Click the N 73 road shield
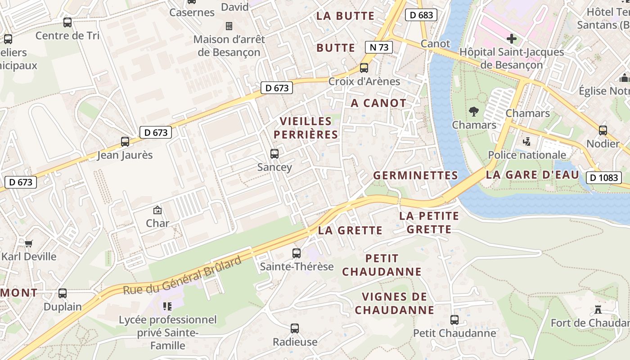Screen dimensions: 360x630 378,47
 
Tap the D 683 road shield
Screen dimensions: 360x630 421,15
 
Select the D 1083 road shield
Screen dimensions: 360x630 603,177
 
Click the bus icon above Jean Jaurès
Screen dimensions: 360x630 125,142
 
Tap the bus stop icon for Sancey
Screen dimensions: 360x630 274,154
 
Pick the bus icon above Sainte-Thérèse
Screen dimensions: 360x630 296,253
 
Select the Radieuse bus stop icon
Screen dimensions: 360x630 295,328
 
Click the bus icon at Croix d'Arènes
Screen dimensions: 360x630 364,68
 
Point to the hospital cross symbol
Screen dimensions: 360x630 512,38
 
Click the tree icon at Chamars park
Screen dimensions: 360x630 473,111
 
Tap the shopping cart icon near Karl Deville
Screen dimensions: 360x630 29,243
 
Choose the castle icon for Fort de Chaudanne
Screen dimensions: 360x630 598,309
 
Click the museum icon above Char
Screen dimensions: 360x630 157,210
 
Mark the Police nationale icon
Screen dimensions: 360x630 526,142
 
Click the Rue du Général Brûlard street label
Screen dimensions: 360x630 182,275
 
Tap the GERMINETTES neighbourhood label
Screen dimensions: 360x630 415,175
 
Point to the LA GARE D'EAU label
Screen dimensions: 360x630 532,175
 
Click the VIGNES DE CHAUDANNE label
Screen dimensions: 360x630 395,303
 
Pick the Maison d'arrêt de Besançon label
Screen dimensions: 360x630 229,45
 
